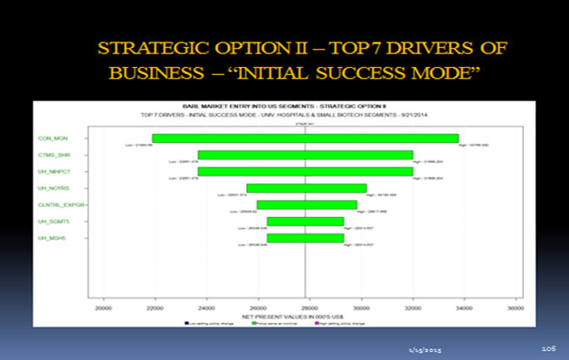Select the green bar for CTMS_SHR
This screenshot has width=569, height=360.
(x=305, y=155)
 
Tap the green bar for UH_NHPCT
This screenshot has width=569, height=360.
(x=305, y=171)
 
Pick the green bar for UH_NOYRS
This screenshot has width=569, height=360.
(x=306, y=188)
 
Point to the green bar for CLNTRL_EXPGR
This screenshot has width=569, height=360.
(x=306, y=204)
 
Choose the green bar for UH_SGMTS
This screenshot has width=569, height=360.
(x=305, y=221)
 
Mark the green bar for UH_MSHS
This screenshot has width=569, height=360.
(x=305, y=238)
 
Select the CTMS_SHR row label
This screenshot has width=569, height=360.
(x=52, y=155)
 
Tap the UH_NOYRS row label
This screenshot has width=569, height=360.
(x=52, y=188)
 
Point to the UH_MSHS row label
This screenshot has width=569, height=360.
(x=51, y=238)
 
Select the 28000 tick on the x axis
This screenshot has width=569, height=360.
(x=310, y=307)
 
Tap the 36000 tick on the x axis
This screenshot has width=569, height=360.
(x=516, y=307)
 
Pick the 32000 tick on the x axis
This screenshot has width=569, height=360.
(x=413, y=307)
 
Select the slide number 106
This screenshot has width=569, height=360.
(x=547, y=346)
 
